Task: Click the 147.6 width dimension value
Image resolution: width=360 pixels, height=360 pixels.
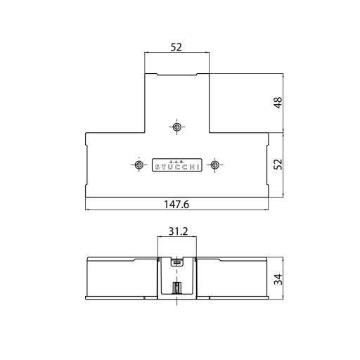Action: pos(176,205)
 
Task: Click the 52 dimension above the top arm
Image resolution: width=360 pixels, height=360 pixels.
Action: pos(176,47)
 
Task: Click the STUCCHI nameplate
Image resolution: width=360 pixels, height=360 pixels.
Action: pos(176,163)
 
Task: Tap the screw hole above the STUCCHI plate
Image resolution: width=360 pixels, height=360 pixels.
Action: pos(176,127)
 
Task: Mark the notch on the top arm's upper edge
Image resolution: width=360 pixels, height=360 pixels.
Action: pos(176,75)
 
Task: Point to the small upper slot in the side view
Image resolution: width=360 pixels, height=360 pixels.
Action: pos(176,262)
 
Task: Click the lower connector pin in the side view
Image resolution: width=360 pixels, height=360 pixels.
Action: pos(176,288)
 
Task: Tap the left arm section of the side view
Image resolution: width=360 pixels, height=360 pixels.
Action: pos(120,278)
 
